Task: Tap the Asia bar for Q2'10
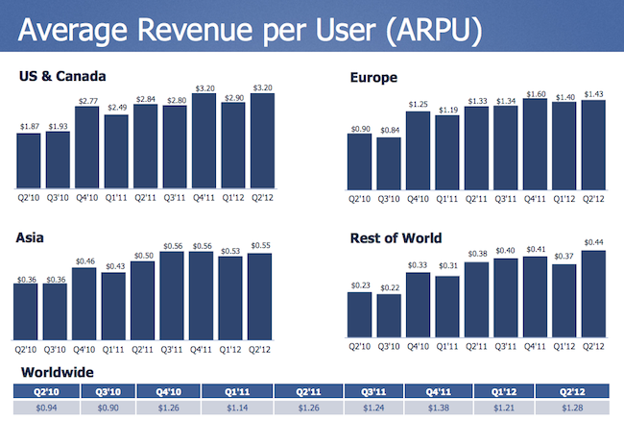coord(28,311)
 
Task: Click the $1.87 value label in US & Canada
coord(28,128)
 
